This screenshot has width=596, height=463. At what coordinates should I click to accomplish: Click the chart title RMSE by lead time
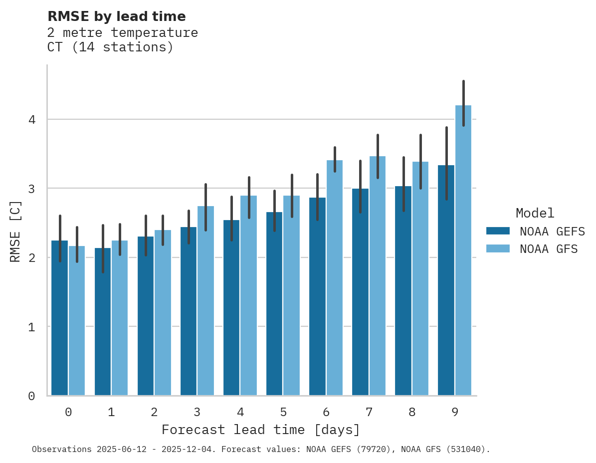pyautogui.click(x=116, y=16)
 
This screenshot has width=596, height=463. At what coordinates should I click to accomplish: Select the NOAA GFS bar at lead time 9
pyautogui.click(x=463, y=249)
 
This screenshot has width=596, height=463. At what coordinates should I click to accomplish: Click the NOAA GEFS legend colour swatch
pyautogui.click(x=497, y=231)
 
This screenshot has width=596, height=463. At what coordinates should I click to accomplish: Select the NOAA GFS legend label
pyautogui.click(x=549, y=249)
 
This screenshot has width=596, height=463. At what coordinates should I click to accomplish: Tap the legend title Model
pyautogui.click(x=535, y=213)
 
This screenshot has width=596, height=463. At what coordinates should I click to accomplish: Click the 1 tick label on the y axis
pyautogui.click(x=31, y=327)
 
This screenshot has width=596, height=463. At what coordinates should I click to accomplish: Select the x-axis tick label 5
pyautogui.click(x=283, y=412)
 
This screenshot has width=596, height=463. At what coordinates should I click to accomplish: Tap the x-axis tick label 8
pyautogui.click(x=412, y=412)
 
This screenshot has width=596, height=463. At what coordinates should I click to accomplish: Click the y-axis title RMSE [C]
pyautogui.click(x=15, y=231)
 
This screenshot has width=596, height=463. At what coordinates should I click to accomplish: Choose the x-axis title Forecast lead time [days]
pyautogui.click(x=260, y=430)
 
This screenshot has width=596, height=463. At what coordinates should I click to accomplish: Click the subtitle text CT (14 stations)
pyautogui.click(x=110, y=47)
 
